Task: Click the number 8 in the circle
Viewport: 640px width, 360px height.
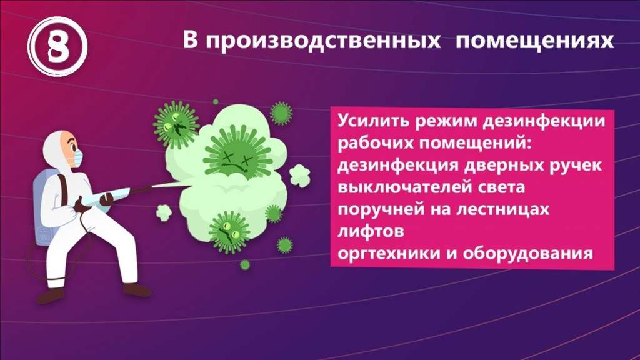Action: coord(57,46)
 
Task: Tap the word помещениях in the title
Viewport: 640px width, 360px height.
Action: coord(535,41)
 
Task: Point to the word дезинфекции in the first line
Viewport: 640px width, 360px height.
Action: coord(544,122)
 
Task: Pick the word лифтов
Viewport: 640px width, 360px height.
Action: coord(371,231)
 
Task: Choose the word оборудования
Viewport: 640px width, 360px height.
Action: coord(527,254)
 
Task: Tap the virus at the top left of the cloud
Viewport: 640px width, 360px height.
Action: coord(176,124)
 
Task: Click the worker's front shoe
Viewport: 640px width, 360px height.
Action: coord(137,290)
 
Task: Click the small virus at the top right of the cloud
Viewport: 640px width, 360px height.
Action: coord(281,112)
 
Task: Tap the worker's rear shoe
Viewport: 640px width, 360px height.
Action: coord(51,295)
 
